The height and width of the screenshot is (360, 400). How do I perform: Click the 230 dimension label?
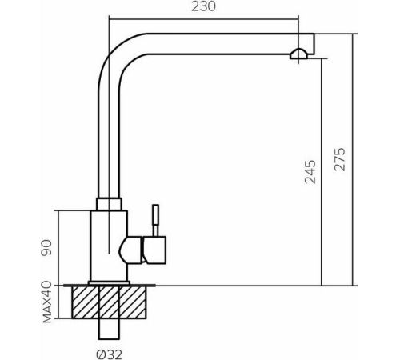(x=203, y=6)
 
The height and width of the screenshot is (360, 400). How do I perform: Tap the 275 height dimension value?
(x=340, y=159)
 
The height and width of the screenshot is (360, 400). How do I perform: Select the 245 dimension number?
(x=310, y=172)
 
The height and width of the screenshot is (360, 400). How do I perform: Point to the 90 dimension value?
(x=46, y=248)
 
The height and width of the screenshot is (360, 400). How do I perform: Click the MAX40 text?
(x=47, y=302)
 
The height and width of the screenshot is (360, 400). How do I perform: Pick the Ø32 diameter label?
(x=110, y=354)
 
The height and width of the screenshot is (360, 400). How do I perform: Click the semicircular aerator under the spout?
(x=298, y=54)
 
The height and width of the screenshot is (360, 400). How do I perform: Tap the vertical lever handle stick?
(x=155, y=220)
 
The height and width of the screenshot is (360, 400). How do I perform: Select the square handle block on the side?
(x=154, y=250)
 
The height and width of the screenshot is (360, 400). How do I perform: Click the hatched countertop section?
(x=109, y=302)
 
